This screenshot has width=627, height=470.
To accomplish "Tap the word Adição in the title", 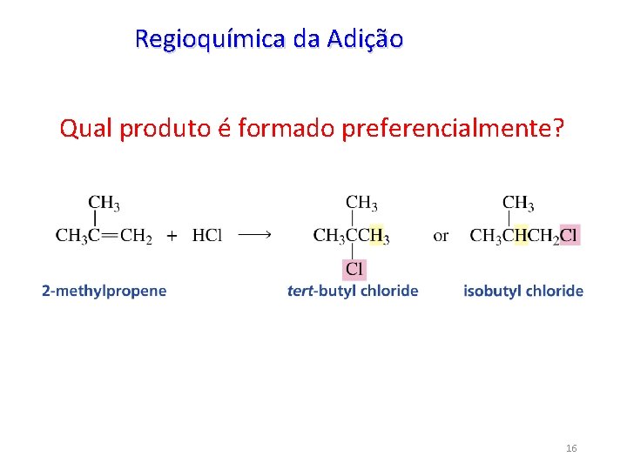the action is pyautogui.click(x=366, y=39).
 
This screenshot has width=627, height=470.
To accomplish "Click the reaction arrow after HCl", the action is pyautogui.click(x=254, y=234).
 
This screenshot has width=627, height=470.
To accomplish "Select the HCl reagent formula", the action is pyautogui.click(x=207, y=235).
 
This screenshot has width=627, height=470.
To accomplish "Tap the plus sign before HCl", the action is pyautogui.click(x=172, y=235).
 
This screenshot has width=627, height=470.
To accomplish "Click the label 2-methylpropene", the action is pyautogui.click(x=104, y=291).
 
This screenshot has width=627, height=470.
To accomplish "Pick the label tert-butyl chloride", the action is pyautogui.click(x=353, y=291).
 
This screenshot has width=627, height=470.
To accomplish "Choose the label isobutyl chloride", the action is pyautogui.click(x=523, y=291).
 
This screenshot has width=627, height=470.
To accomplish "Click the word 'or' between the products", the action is pyautogui.click(x=442, y=235).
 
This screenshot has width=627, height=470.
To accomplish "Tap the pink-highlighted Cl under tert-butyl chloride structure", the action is pyautogui.click(x=354, y=269).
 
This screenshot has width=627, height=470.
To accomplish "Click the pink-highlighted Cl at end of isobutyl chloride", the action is pyautogui.click(x=569, y=235).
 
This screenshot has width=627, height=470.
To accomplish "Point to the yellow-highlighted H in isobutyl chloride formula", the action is pyautogui.click(x=522, y=235).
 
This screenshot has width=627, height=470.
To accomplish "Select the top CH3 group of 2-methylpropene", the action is pyautogui.click(x=104, y=204).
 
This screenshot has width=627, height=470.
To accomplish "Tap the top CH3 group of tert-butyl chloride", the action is pyautogui.click(x=361, y=204).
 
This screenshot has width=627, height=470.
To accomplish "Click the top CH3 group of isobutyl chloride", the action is pyautogui.click(x=518, y=204).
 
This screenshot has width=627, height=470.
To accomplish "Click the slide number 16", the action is pyautogui.click(x=571, y=448).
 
